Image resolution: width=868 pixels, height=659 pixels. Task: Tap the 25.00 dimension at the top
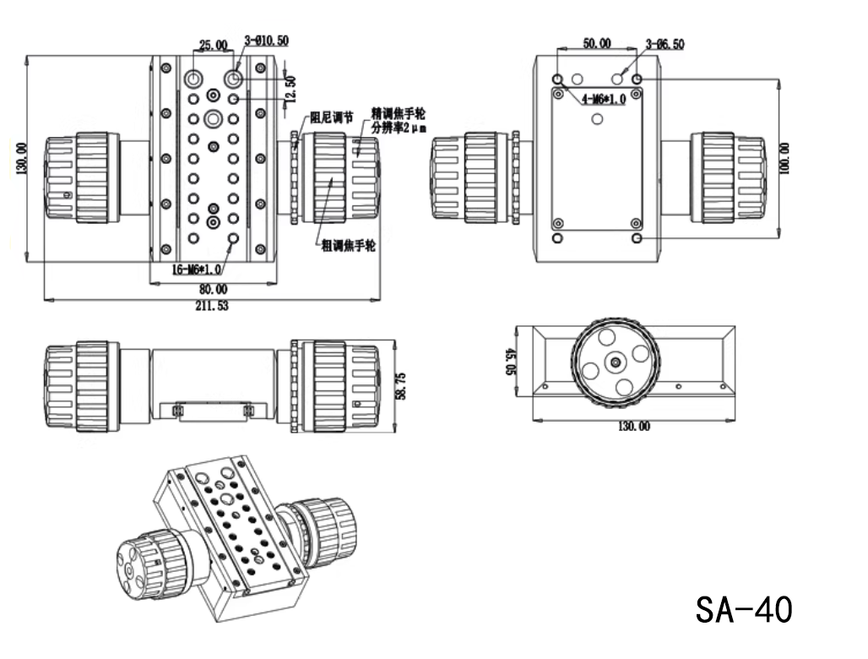pos(213,45)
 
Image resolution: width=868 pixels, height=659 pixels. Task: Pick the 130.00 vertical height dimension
pos(21,159)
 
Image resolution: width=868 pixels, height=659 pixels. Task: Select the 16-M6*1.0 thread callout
pos(197,269)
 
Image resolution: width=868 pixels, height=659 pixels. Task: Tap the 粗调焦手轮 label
pos(349,246)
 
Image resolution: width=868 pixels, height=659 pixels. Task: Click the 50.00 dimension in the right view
pos(598,44)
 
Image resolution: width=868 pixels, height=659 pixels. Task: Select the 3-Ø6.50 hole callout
pos(665,44)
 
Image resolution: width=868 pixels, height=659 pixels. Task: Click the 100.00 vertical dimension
pos(786,158)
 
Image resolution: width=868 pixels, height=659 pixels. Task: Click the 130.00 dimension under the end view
pos(633,427)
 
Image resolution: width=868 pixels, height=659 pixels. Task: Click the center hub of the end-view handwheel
pos(614,362)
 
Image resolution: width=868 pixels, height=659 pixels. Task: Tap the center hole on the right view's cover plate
pos(597,120)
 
